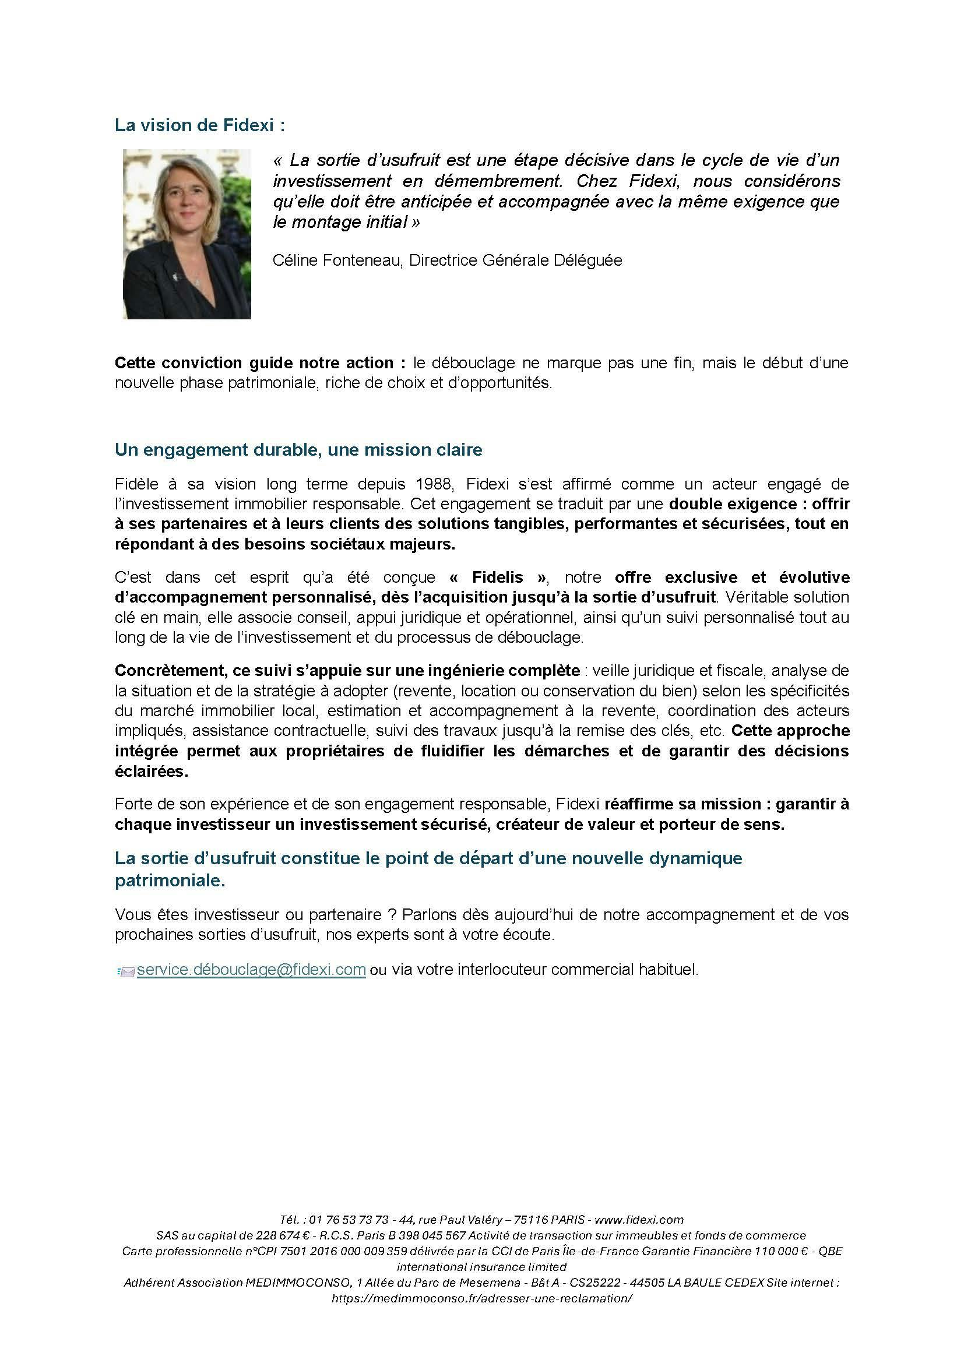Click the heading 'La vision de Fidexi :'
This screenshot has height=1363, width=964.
[199, 125]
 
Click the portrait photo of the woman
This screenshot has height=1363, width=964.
[187, 234]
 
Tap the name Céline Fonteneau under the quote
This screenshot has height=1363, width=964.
[335, 260]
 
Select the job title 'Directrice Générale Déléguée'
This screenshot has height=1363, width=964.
[516, 260]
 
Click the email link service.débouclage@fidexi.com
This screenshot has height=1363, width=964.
[251, 970]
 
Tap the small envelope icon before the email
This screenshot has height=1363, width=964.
[126, 971]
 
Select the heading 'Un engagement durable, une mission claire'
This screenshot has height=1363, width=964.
[298, 450]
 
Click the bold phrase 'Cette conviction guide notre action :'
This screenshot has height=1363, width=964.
[255, 362]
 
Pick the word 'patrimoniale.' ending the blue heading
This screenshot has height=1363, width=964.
[170, 881]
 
